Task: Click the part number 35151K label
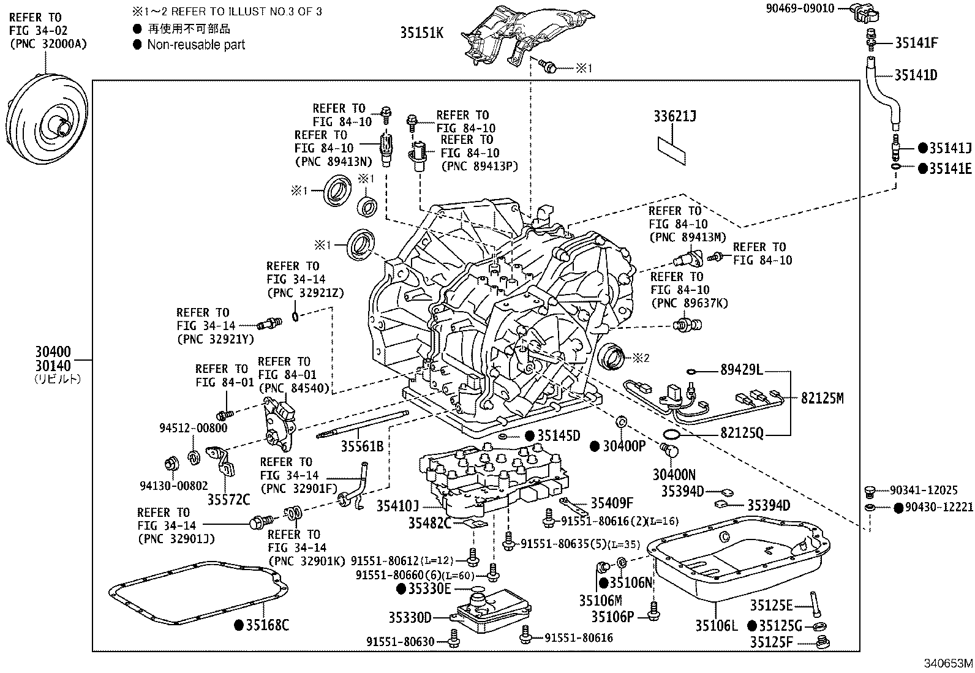421,33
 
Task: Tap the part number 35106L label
716,625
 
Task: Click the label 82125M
822,399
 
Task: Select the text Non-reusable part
196,45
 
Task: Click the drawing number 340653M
948,664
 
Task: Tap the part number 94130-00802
173,486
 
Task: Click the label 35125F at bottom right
771,642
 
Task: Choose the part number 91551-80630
401,641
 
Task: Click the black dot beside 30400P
594,446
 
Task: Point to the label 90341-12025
923,491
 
